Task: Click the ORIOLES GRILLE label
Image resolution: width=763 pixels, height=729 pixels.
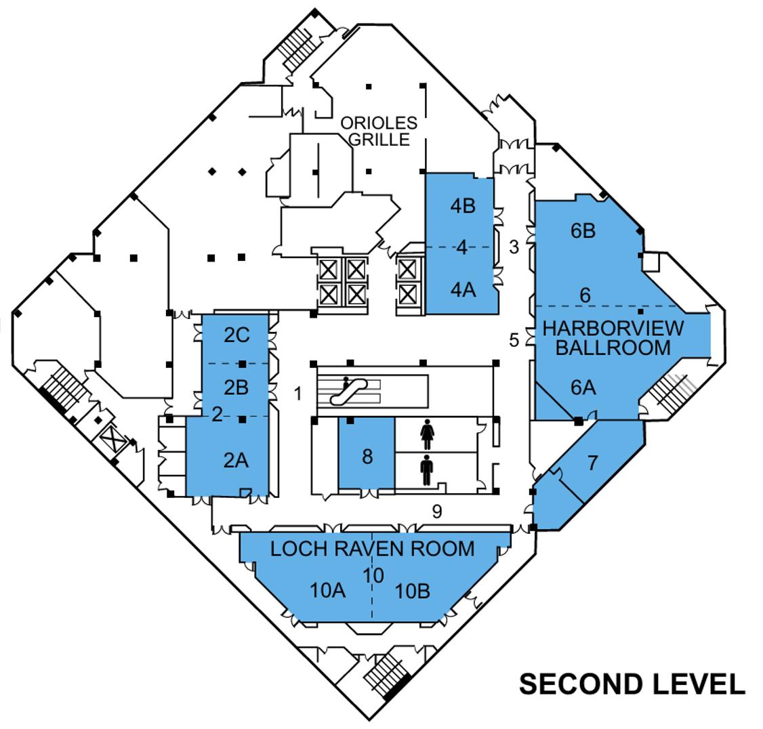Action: click(378, 131)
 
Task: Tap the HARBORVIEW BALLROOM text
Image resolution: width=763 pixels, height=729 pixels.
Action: click(613, 337)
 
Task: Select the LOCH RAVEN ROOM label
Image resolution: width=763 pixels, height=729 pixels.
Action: click(372, 548)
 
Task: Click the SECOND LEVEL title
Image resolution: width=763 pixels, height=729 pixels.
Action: click(632, 684)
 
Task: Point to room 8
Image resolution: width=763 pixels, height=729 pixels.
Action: click(367, 456)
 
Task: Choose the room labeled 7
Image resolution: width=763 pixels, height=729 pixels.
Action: click(593, 463)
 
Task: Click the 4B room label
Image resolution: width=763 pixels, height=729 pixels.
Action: click(463, 206)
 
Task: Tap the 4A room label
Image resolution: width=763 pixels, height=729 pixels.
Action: click(463, 289)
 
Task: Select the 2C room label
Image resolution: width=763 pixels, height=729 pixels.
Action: click(236, 335)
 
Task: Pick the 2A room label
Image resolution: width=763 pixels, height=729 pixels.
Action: click(235, 461)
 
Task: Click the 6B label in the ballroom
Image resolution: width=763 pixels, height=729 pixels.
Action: click(583, 230)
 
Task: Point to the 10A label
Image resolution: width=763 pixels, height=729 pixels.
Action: click(328, 591)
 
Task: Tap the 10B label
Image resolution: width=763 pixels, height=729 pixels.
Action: click(413, 591)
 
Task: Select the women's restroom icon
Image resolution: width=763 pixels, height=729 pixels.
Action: click(427, 434)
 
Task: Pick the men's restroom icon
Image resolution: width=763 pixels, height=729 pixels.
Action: click(427, 470)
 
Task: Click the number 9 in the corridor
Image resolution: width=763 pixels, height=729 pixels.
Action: click(437, 512)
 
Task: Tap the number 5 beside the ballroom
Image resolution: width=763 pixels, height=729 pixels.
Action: click(514, 339)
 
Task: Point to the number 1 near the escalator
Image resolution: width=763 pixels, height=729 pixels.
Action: click(297, 392)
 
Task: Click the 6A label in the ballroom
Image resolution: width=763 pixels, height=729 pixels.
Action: click(583, 388)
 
